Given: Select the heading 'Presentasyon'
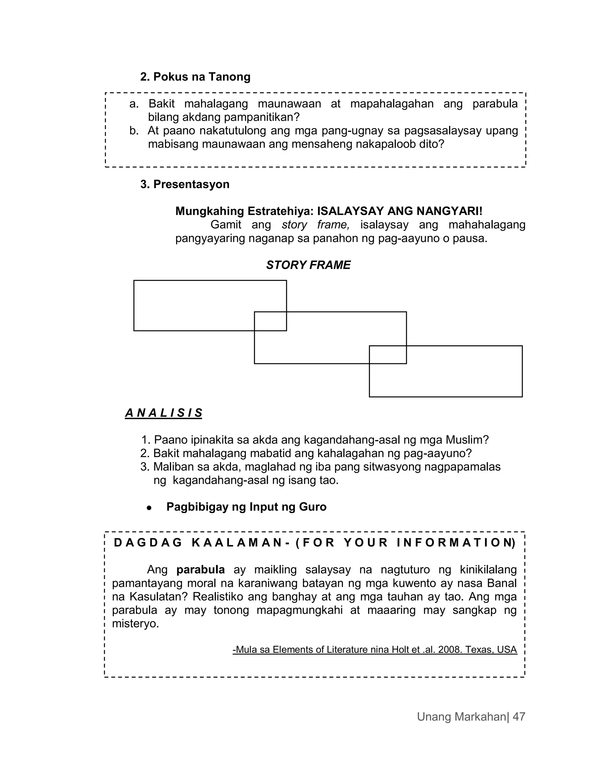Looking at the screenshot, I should [191, 184].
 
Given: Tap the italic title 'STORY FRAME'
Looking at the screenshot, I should [308, 265].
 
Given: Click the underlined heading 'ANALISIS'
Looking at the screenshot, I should [164, 413].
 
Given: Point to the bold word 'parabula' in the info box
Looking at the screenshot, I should [201, 569].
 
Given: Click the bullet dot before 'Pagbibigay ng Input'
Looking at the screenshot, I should [149, 508].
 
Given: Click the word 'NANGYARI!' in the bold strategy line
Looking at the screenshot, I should [449, 211].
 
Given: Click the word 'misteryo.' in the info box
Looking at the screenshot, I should [136, 624].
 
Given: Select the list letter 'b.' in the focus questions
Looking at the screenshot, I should [134, 131].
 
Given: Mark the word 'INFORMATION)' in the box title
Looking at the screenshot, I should [456, 543].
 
